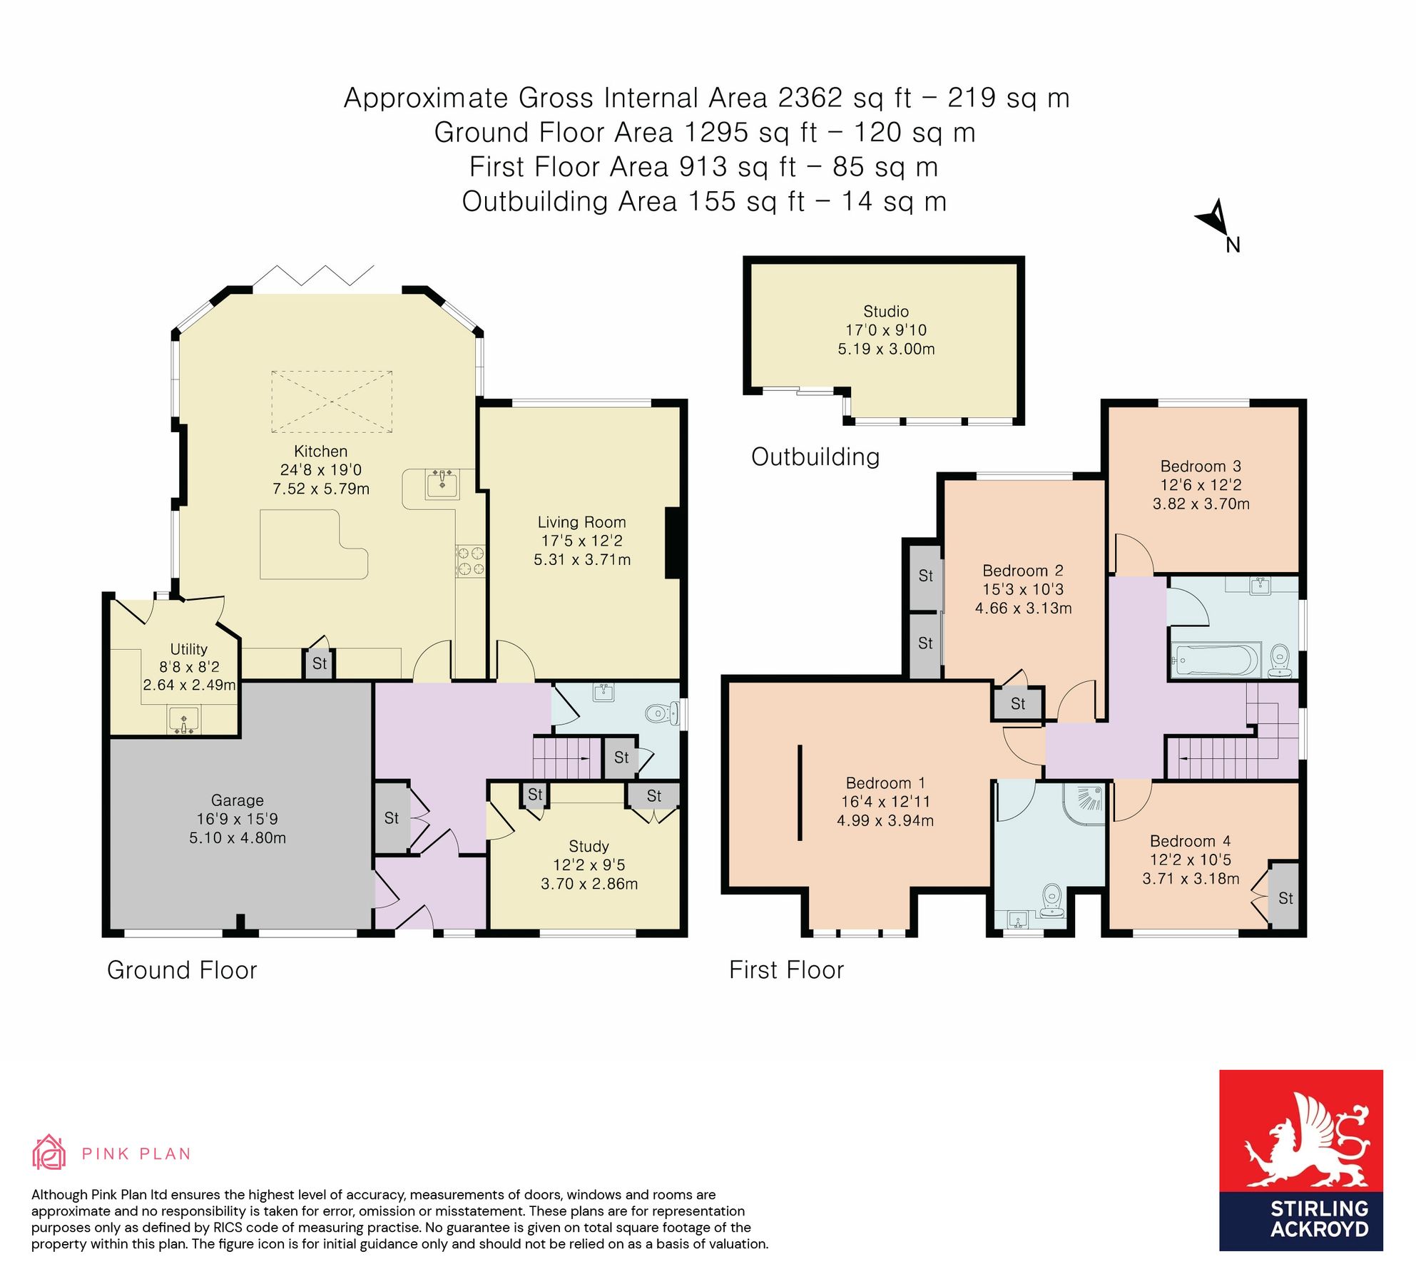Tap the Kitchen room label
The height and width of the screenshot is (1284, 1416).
320,451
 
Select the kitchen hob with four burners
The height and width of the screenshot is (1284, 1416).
470,561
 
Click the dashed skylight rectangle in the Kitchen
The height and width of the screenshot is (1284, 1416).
332,402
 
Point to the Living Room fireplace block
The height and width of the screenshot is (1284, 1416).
672,542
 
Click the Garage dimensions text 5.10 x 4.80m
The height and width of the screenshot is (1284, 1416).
238,837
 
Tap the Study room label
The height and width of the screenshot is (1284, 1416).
589,846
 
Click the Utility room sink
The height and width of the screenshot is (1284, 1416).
184,720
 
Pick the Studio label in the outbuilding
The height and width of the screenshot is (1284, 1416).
886,311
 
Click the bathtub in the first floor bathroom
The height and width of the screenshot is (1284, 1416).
1215,660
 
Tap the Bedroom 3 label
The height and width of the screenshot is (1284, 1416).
1201,466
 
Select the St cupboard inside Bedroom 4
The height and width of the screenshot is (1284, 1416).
1285,897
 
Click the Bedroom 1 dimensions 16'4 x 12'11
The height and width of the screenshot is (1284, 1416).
885,802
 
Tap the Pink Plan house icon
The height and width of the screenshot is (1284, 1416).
49,1153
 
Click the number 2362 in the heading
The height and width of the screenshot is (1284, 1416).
810,98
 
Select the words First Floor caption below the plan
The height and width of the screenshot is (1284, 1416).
786,970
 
